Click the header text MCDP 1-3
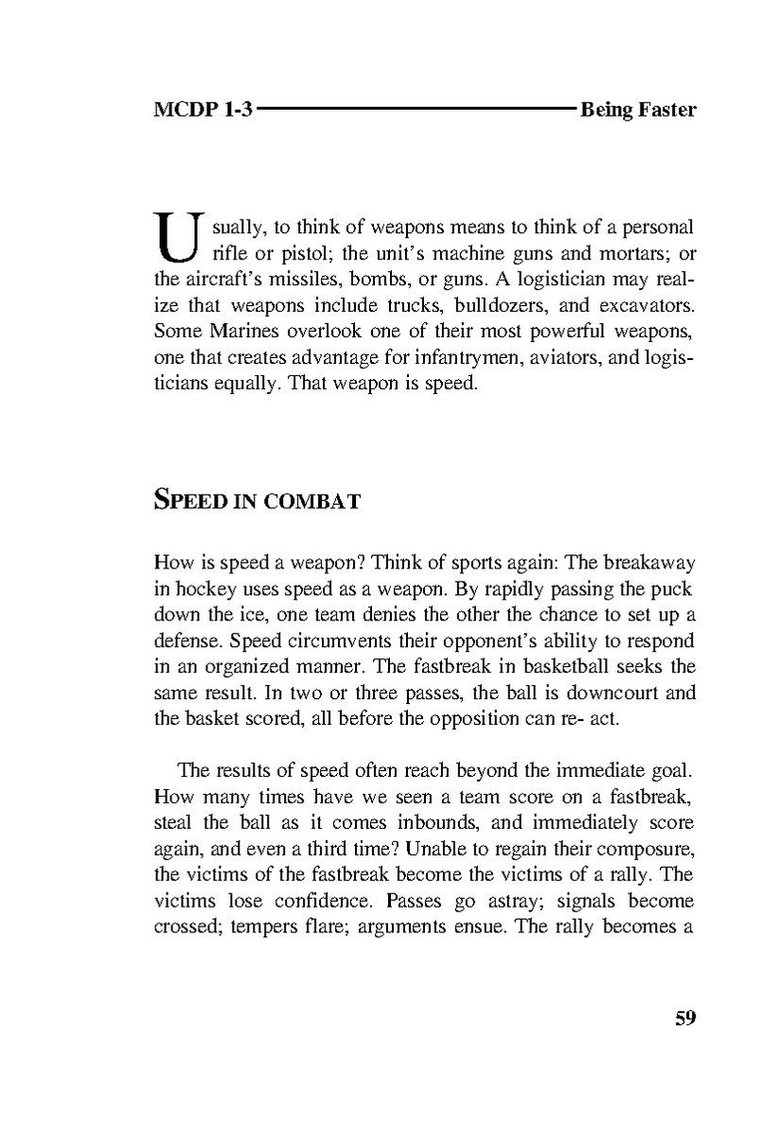(x=203, y=110)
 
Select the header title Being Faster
(x=638, y=110)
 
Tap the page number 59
(x=685, y=1018)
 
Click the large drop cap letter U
(x=175, y=238)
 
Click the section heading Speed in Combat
(x=257, y=501)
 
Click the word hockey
(x=199, y=587)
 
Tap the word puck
(x=679, y=587)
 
